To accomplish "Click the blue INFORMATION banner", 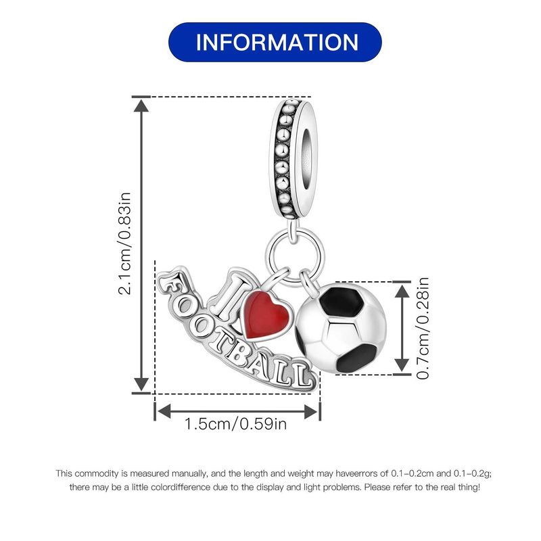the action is [x=275, y=42].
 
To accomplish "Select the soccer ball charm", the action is [x=341, y=328].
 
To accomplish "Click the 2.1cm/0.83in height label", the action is [x=124, y=243].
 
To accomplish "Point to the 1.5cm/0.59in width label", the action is [x=235, y=424].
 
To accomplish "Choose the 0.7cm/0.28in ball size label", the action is [x=423, y=328].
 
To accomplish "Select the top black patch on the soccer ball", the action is [x=341, y=300].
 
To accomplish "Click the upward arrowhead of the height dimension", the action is [x=141, y=105].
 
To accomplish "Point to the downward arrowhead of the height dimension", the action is [x=141, y=385].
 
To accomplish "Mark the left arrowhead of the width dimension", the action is [x=164, y=411].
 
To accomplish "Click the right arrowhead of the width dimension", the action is [x=311, y=411].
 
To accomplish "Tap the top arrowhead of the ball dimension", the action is [x=402, y=292].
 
